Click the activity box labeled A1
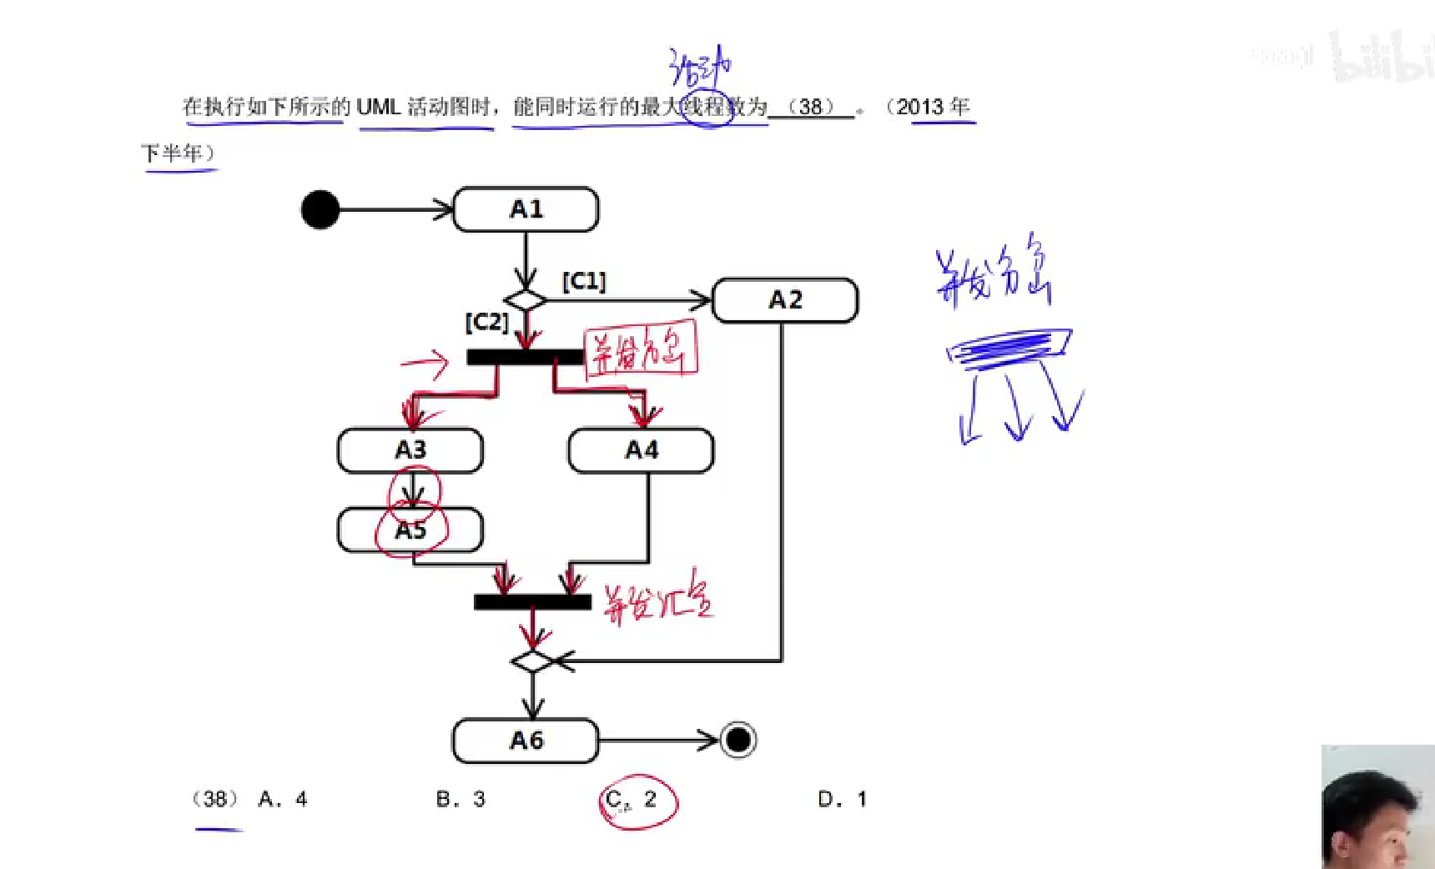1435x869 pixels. point(526,209)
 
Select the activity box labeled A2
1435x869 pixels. point(785,300)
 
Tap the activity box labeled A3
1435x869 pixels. point(410,450)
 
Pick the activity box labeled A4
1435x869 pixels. point(641,450)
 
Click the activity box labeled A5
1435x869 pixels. point(410,530)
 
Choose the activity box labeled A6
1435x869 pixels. point(526,741)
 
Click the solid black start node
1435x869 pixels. point(320,209)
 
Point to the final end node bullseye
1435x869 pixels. point(738,740)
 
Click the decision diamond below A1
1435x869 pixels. point(526,299)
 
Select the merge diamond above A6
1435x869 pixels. point(533,661)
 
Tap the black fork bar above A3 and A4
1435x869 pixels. point(525,357)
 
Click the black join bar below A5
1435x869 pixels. point(532,601)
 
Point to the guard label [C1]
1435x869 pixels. point(584,281)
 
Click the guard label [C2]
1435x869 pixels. point(486,322)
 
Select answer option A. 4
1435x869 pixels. point(283,799)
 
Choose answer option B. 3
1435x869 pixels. point(461,799)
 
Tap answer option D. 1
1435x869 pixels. point(842,799)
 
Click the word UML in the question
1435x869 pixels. point(378,107)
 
